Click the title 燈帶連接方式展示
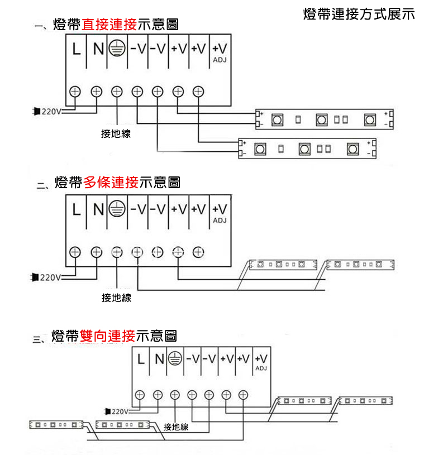point(359,14)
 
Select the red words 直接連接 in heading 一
point(109,25)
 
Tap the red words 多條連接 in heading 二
point(111,182)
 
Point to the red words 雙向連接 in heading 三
point(108,336)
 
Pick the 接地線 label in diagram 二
point(116,298)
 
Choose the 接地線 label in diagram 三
point(176,427)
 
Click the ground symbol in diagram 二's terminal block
point(116,209)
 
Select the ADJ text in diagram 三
point(261,369)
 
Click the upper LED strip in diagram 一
point(324,119)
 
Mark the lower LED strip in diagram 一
point(307,149)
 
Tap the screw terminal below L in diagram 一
point(75,90)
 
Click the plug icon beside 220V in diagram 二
point(36,276)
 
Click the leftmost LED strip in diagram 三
point(57,425)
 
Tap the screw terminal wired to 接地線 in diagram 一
point(117,90)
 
